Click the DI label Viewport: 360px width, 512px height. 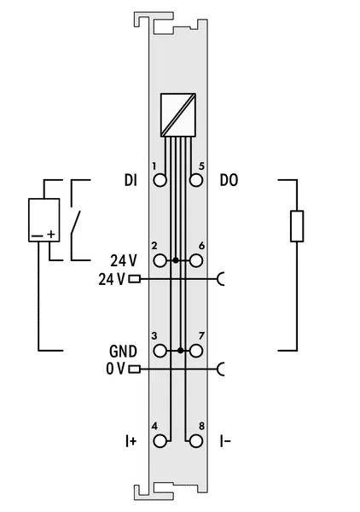131,180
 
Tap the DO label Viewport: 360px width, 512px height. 229,180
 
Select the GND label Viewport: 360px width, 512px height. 123,352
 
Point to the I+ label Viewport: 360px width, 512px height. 131,441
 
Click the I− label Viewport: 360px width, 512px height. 225,441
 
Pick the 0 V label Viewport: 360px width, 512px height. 115,369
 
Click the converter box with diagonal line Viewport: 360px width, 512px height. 178,115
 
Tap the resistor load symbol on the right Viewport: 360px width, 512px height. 297,226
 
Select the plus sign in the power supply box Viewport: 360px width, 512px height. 51,234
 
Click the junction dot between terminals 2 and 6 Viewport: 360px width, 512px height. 176,260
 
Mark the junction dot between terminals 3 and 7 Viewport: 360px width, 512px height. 181,351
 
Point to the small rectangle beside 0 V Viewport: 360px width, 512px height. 135,369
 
